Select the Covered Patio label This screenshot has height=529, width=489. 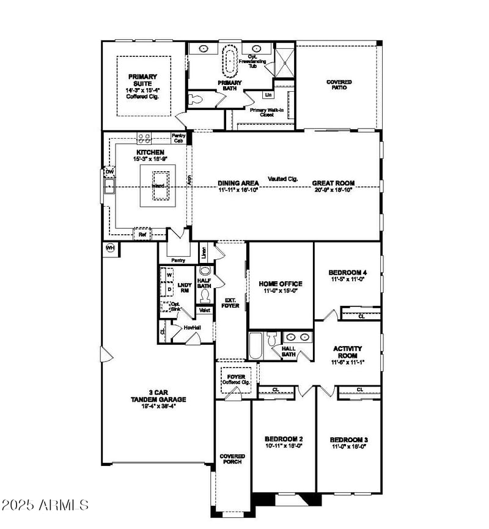pyautogui.click(x=339, y=84)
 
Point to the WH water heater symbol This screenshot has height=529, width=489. pyautogui.click(x=111, y=248)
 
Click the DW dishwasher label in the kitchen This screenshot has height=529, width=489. pyautogui.click(x=109, y=172)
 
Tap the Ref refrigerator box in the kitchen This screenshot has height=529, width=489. pyautogui.click(x=142, y=234)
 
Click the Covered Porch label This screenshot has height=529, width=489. pyautogui.click(x=232, y=459)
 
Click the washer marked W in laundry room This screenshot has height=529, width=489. pyautogui.click(x=169, y=276)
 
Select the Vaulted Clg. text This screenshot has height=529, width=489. pyautogui.click(x=282, y=179)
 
